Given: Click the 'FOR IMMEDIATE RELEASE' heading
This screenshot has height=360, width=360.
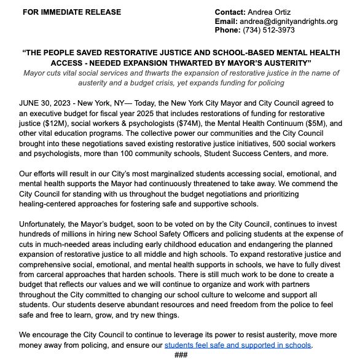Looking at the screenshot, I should pyautogui.click(x=71, y=12).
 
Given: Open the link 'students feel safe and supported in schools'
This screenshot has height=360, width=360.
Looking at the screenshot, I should pyautogui.click(x=238, y=345).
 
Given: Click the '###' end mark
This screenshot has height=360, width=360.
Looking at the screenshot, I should pyautogui.click(x=181, y=354).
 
